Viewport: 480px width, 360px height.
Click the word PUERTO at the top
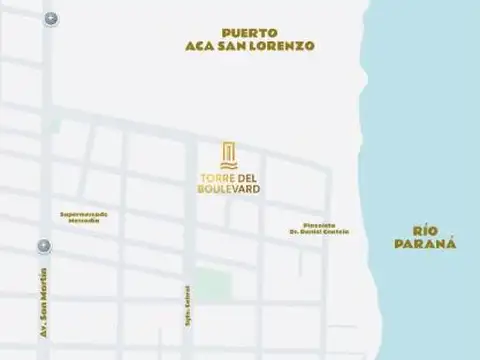[250, 31]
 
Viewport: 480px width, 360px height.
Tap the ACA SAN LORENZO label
[250, 46]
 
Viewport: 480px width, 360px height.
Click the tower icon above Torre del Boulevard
[229, 155]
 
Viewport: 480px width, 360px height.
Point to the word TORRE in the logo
[213, 179]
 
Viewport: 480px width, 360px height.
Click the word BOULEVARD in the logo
[229, 190]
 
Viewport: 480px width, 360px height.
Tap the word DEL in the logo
[247, 179]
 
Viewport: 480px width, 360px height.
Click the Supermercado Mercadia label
[84, 217]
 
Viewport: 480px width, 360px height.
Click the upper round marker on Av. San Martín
[50, 19]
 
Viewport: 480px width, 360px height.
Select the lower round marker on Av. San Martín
[44, 245]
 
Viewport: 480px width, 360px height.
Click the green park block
[211, 284]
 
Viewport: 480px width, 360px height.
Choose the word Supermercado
[84, 213]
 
